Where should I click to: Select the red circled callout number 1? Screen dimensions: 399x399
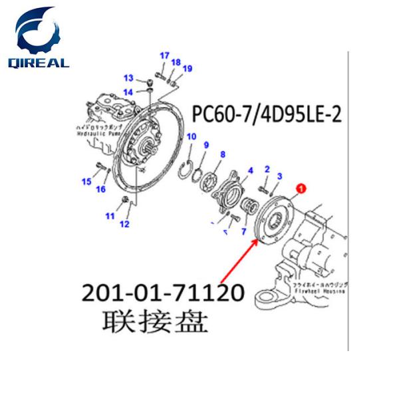click(x=300, y=190)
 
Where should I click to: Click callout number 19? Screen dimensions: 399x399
click(x=187, y=69)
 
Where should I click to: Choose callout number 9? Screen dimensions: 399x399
click(x=206, y=146)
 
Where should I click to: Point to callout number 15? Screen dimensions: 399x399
click(x=86, y=182)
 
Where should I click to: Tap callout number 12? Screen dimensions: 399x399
click(x=124, y=224)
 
